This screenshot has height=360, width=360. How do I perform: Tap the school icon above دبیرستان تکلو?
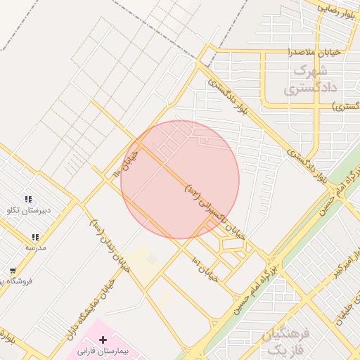click(28, 200)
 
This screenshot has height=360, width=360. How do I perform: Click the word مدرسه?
click(35, 247)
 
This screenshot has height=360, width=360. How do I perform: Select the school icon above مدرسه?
click(35, 238)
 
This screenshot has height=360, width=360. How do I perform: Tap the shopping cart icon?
click(13, 271)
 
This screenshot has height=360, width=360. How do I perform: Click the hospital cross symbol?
click(103, 340)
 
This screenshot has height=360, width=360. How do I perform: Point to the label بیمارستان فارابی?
click(104, 350)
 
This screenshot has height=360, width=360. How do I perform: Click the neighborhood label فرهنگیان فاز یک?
click(285, 341)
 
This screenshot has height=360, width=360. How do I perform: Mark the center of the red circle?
click(180, 179)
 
